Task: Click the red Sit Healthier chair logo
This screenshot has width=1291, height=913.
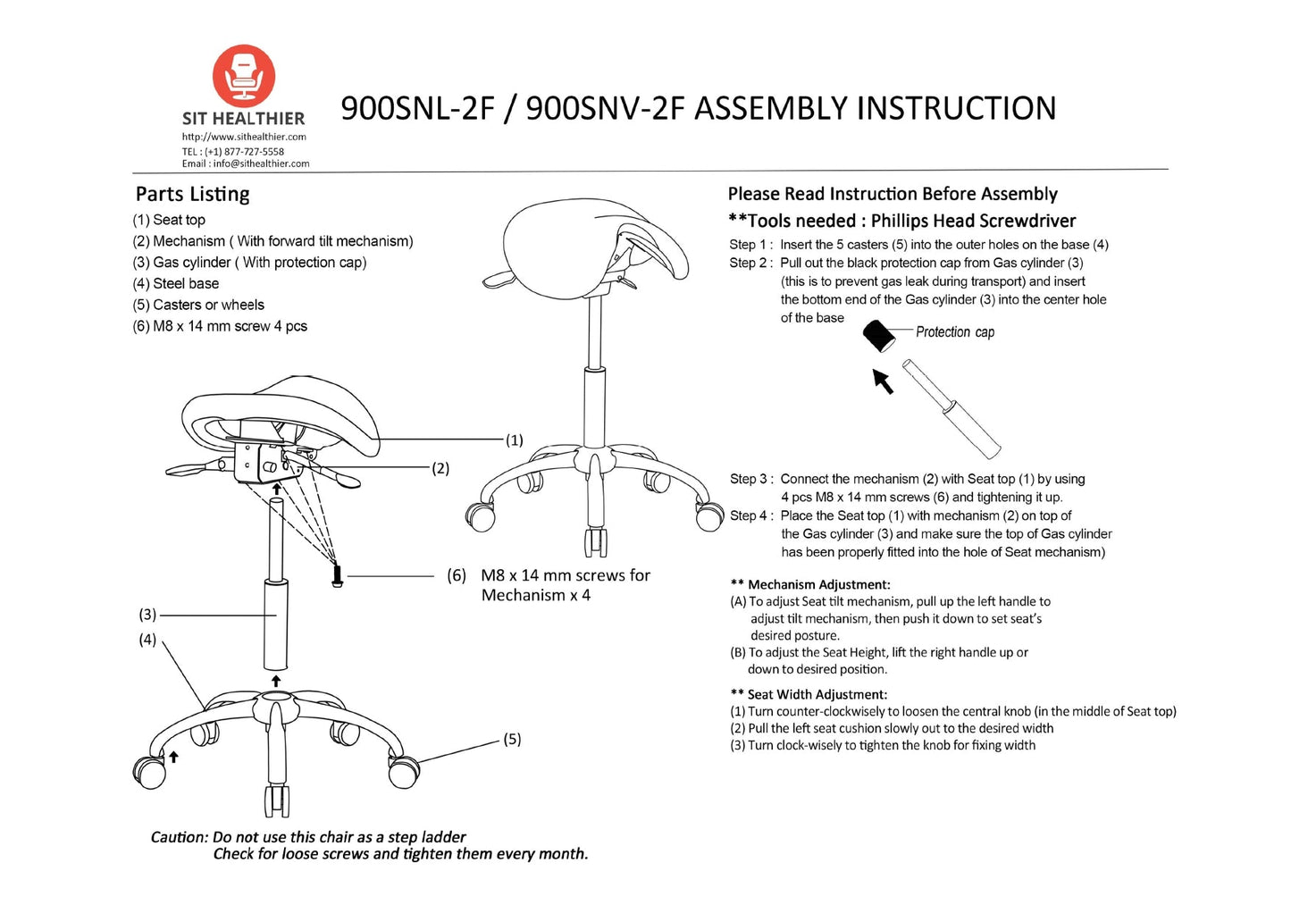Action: [244, 76]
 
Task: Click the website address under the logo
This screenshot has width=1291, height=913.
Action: [244, 137]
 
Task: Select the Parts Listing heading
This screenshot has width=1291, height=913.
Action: [192, 194]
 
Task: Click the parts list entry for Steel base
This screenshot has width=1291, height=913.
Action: [176, 283]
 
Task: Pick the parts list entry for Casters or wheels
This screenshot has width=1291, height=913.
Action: [198, 305]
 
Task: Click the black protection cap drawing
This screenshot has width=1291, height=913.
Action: [879, 336]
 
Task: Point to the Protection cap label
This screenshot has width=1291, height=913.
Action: [954, 331]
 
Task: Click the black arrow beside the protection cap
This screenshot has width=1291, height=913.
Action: [883, 381]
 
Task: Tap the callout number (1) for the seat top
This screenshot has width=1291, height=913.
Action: [515, 440]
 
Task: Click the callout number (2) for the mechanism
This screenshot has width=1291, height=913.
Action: [440, 468]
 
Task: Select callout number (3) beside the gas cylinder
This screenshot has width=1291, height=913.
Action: [147, 615]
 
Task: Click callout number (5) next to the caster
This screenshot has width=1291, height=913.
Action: [512, 739]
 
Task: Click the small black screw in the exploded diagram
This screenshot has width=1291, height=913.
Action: [338, 576]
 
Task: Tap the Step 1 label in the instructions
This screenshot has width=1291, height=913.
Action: [749, 245]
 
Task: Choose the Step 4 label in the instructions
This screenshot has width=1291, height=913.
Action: [749, 515]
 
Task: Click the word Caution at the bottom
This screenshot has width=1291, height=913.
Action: [179, 837]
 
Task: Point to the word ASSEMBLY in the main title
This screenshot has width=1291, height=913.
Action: [770, 108]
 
